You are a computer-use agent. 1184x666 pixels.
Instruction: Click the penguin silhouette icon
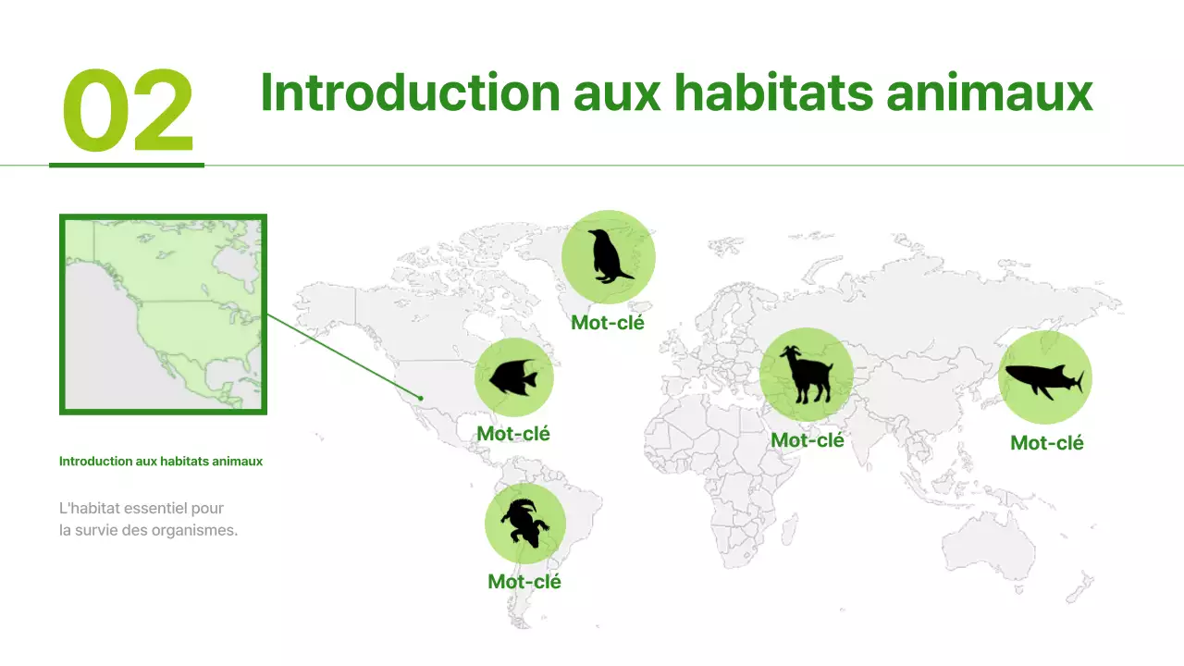(609, 256)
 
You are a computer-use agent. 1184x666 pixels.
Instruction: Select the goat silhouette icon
(806, 375)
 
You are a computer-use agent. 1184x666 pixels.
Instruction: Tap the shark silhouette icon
(1044, 378)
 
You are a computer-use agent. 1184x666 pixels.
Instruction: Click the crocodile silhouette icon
(524, 524)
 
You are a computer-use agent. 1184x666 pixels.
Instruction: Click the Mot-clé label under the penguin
(608, 323)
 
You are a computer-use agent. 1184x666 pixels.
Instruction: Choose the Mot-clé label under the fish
(513, 433)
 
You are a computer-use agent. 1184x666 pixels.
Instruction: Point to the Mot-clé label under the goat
(808, 440)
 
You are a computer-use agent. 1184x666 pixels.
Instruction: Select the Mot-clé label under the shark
(1047, 443)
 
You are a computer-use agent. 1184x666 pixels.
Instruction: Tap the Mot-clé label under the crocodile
(524, 582)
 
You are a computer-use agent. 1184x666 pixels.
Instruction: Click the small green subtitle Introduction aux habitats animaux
(161, 461)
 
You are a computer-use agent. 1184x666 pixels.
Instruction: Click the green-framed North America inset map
(163, 314)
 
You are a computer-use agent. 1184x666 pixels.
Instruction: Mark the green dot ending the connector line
(421, 399)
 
